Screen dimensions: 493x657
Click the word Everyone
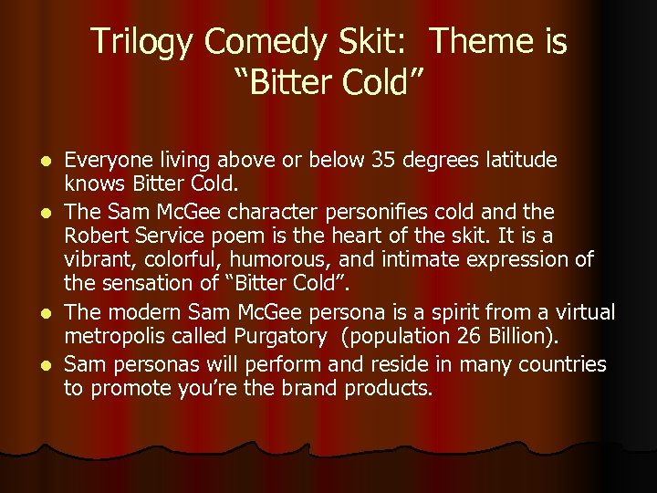pyautogui.click(x=108, y=161)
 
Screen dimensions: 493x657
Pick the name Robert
pyautogui.click(x=94, y=236)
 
